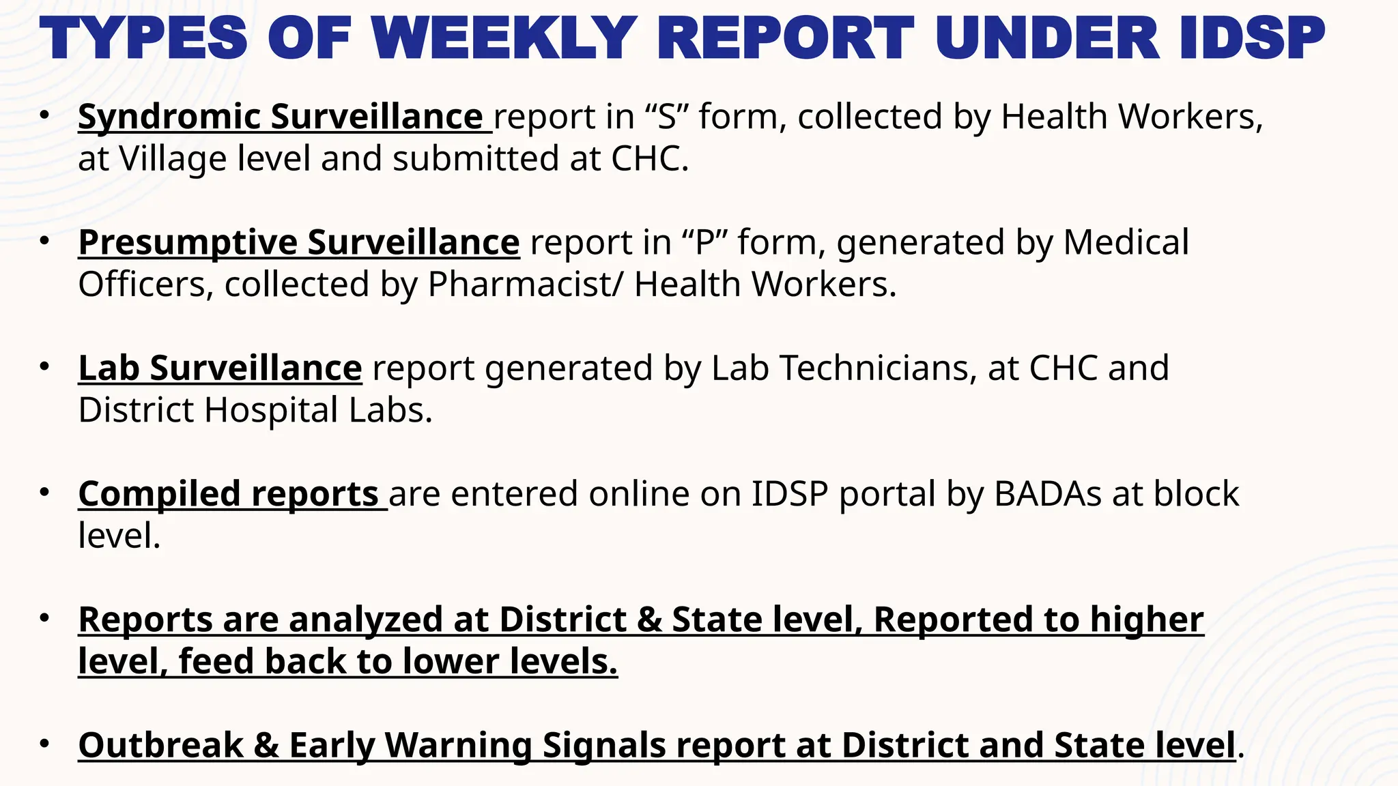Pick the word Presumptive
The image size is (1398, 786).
tap(188, 242)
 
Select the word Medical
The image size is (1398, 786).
tap(1126, 242)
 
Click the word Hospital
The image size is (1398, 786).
tap(271, 411)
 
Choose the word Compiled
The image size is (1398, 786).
tap(159, 494)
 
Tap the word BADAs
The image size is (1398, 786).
tap(1047, 494)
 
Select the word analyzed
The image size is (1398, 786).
tap(388, 620)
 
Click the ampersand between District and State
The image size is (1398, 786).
tap(649, 620)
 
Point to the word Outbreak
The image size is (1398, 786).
tap(160, 745)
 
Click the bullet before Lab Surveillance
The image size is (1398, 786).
tap(44, 367)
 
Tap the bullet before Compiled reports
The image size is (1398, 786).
tap(44, 493)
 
